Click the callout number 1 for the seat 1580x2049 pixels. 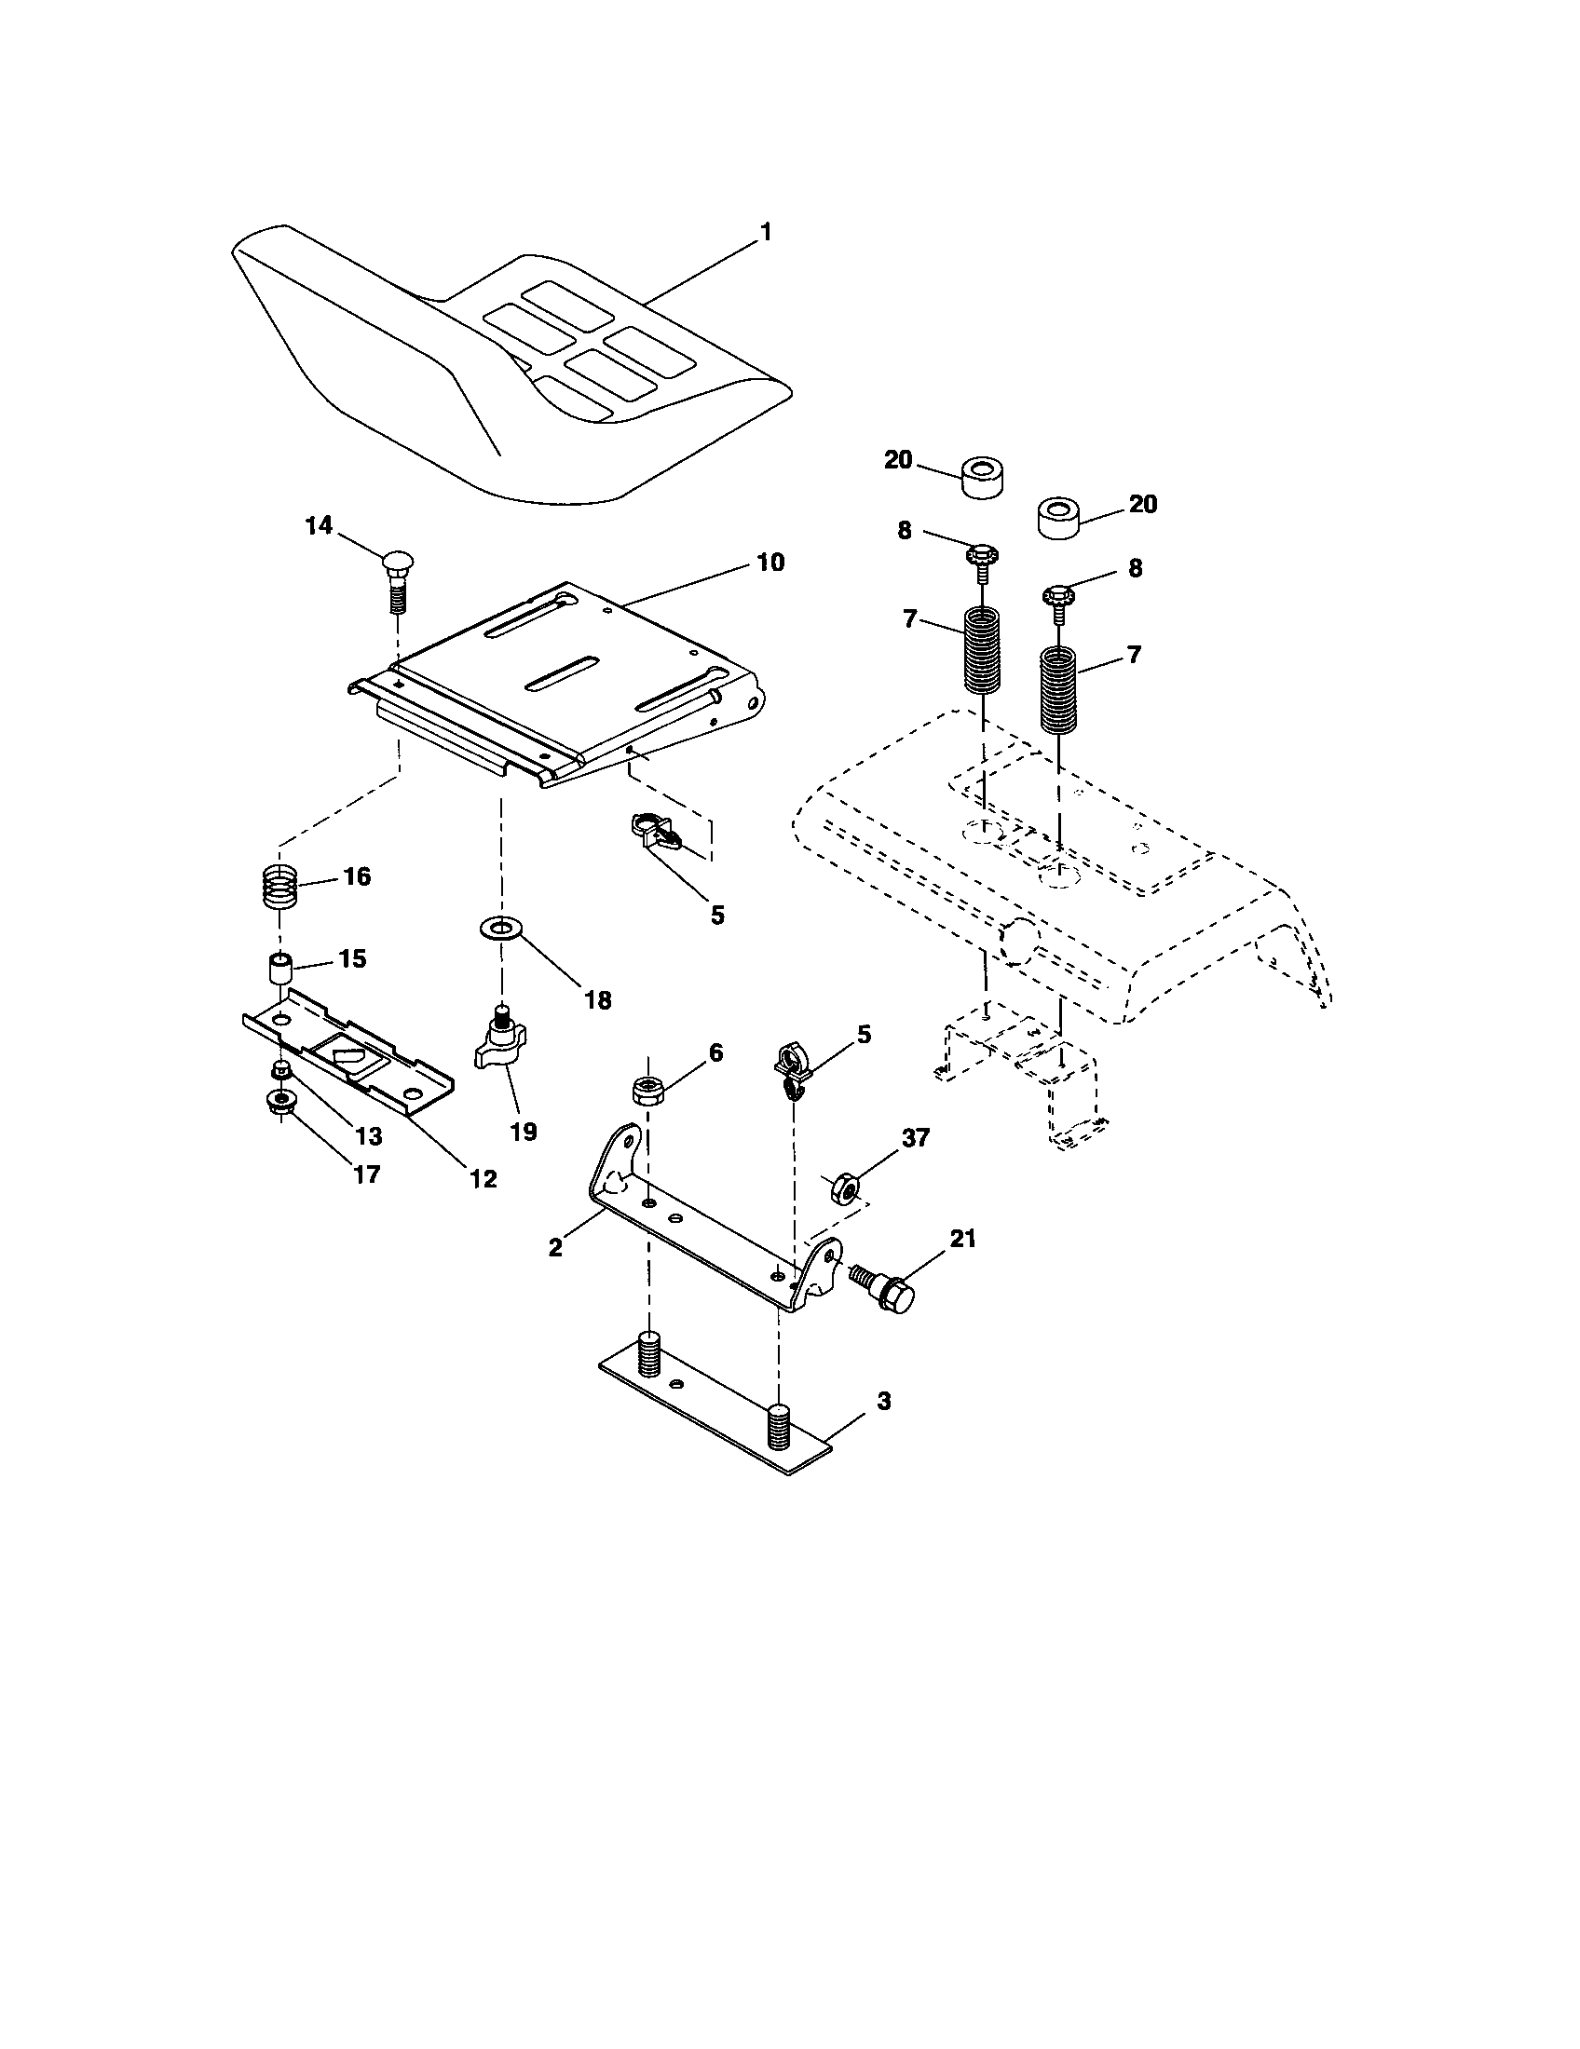point(766,232)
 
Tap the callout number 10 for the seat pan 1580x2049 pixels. point(770,562)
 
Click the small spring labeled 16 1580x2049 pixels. point(279,885)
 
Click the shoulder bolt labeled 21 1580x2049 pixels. point(888,1289)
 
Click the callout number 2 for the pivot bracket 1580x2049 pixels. point(555,1247)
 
